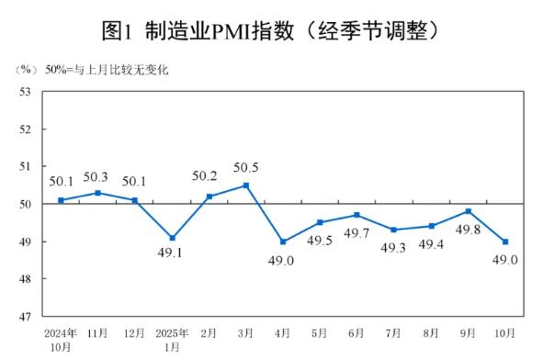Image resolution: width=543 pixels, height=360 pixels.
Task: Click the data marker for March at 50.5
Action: point(246,186)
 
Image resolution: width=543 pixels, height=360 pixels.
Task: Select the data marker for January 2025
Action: point(172,238)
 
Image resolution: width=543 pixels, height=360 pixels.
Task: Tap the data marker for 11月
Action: point(97,193)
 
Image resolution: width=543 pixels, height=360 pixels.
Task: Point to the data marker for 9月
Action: point(469,211)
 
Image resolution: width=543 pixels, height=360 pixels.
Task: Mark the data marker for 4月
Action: point(283,242)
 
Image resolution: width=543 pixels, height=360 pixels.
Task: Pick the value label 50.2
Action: point(209,177)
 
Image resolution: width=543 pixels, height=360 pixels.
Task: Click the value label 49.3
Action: point(393,246)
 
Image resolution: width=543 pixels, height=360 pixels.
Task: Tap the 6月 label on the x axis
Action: point(357,332)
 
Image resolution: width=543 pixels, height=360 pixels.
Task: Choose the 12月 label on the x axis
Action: point(134,332)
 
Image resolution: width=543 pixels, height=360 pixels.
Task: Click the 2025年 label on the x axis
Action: point(172,332)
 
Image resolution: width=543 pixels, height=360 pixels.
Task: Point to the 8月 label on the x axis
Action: point(432,332)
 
